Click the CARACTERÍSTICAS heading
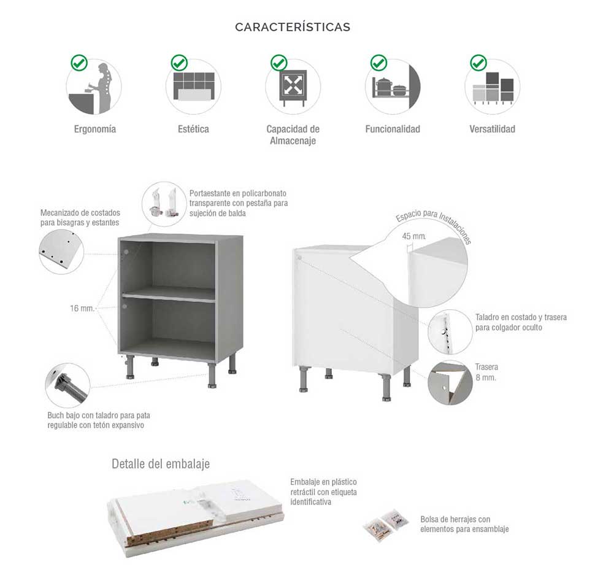tap(293, 27)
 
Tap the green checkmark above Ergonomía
tap(79, 63)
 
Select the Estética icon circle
tap(193, 87)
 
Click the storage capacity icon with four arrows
tap(293, 85)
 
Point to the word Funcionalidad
tap(392, 129)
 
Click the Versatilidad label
tap(492, 129)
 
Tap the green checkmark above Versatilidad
tap(478, 63)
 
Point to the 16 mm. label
tap(82, 308)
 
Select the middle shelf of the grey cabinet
tap(169, 295)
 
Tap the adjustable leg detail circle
tap(67, 385)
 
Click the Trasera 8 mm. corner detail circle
tap(450, 382)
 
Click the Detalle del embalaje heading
tap(161, 463)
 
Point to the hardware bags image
tap(386, 524)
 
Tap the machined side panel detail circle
tap(61, 251)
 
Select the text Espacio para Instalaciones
tap(433, 225)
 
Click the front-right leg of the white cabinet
tap(386, 387)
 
